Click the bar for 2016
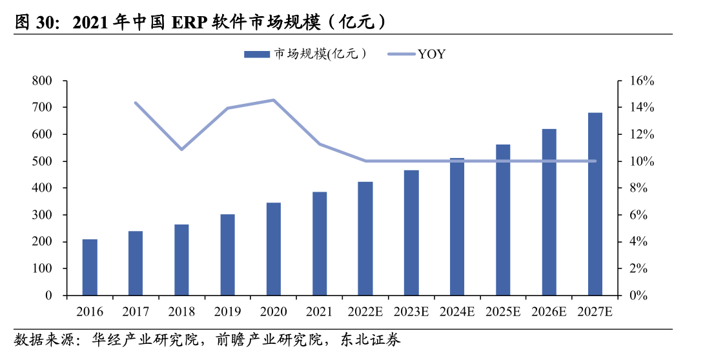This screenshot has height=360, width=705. [90, 267]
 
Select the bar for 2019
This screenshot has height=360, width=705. [227, 255]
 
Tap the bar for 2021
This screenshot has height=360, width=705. [320, 243]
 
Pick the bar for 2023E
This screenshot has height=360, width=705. [411, 233]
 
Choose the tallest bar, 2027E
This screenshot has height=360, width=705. [595, 204]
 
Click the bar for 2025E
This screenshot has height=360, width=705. [503, 220]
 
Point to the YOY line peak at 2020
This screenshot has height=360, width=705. [274, 100]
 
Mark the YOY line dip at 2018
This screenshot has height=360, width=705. [181, 149]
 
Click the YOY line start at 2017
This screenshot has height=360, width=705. [136, 103]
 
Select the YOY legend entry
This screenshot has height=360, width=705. [431, 54]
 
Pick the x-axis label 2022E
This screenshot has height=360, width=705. [365, 312]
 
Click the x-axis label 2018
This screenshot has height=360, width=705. [181, 312]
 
